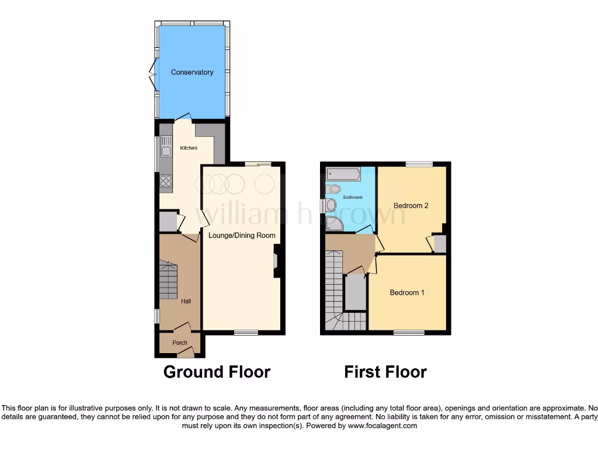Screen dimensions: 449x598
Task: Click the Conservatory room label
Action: point(192,72)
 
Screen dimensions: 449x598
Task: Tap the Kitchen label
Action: point(188,148)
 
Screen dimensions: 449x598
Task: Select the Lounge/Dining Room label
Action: point(242,236)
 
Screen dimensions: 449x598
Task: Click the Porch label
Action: point(180,343)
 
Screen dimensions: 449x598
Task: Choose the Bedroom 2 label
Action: point(411,206)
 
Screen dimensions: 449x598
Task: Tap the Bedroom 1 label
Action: point(407,292)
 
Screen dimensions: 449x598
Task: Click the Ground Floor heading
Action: point(217,372)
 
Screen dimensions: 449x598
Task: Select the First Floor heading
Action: point(385,372)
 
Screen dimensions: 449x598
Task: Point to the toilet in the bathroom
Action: point(333,189)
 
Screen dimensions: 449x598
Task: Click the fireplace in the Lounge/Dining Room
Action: point(277,260)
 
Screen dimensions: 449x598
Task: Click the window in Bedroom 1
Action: point(409,333)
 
